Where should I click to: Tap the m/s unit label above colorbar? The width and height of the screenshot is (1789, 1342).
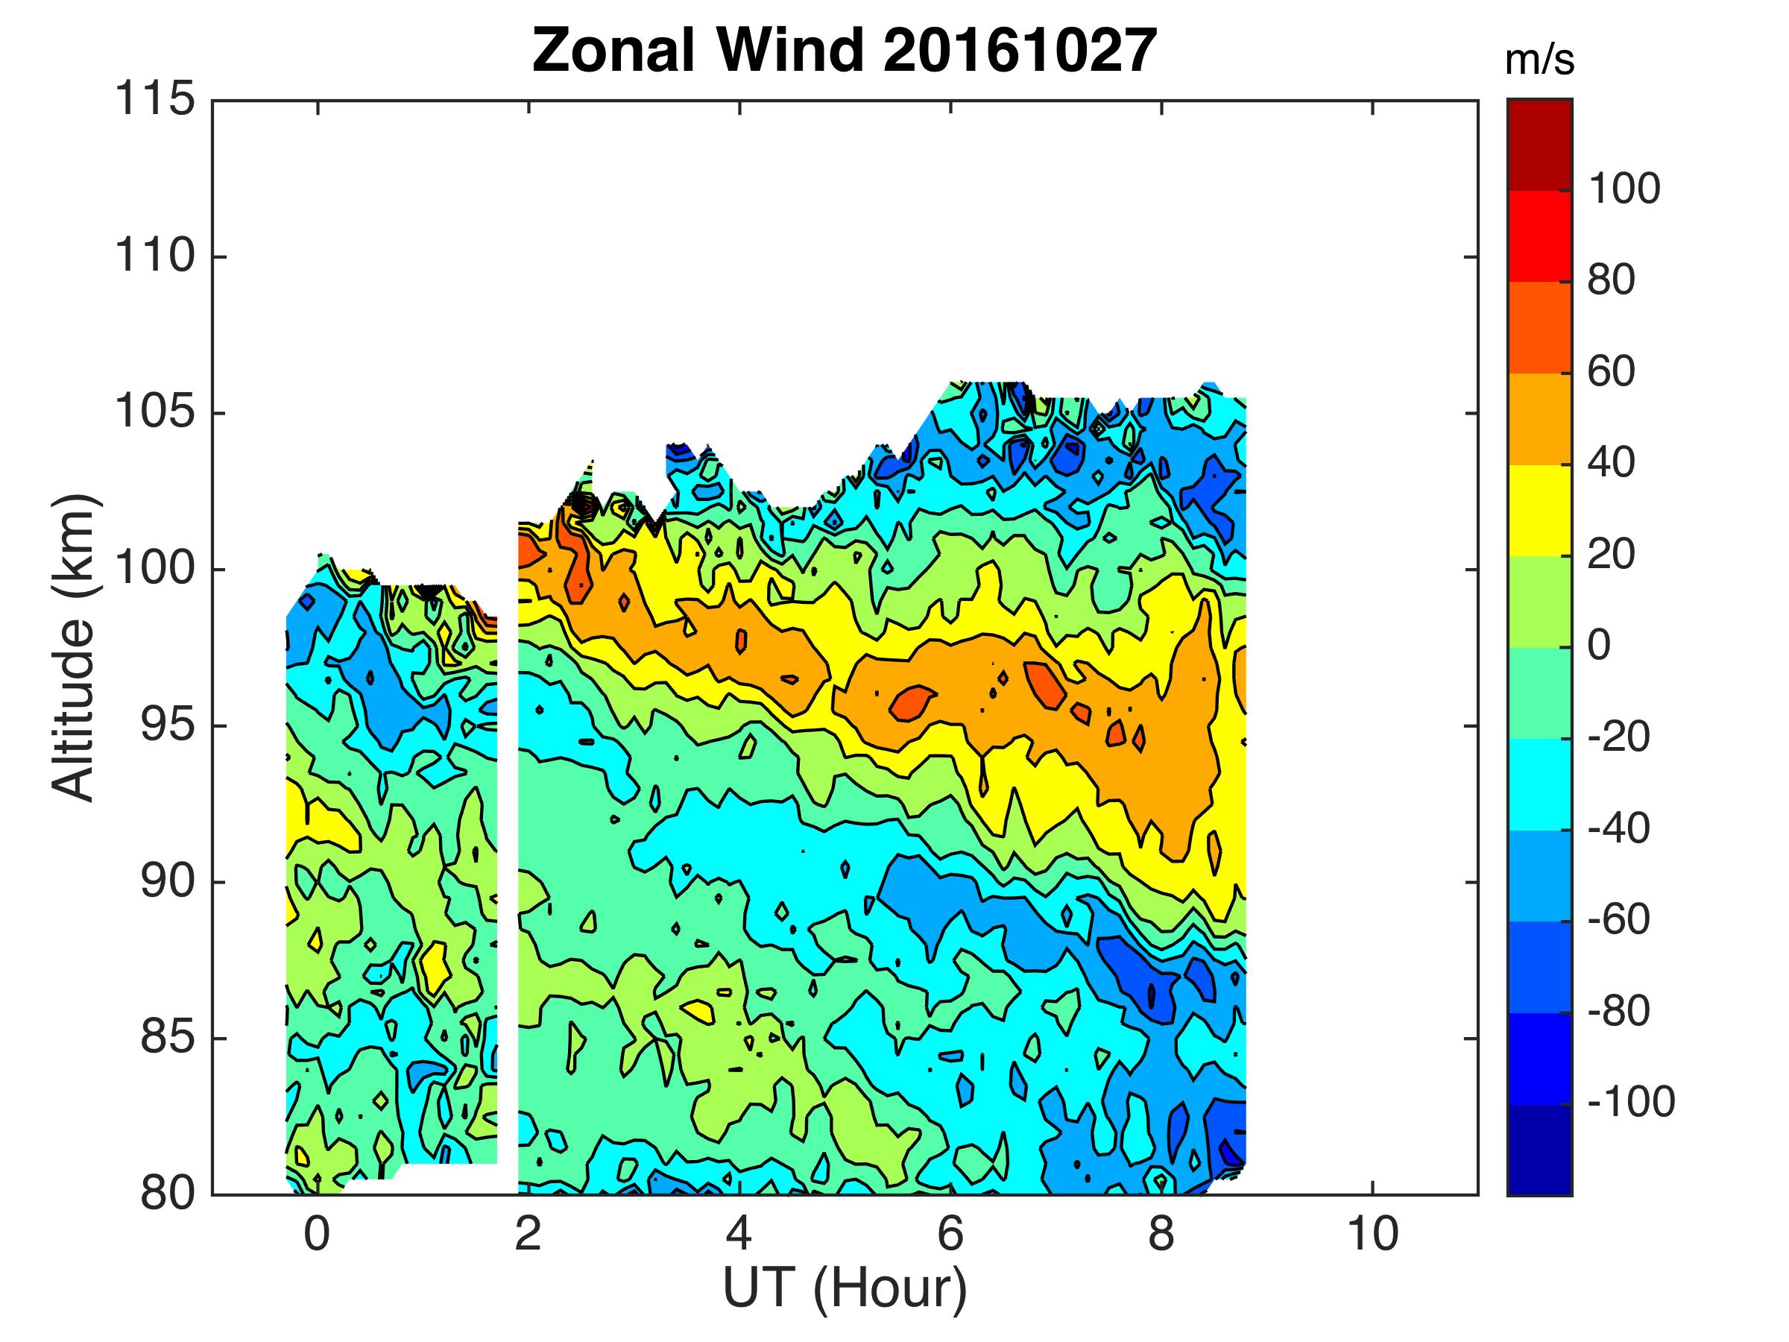(x=1539, y=61)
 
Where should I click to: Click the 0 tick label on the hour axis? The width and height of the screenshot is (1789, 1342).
(x=317, y=1235)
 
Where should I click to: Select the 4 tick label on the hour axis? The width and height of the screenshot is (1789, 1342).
(x=739, y=1235)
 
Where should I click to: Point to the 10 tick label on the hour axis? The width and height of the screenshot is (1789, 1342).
(x=1372, y=1235)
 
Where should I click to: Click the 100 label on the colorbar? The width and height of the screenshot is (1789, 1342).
(x=1624, y=189)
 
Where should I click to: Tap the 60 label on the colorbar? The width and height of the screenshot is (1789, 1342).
(x=1611, y=372)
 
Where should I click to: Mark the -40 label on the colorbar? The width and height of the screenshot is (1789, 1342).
(x=1618, y=828)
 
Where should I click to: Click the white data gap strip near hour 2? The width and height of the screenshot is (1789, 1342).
(x=507, y=889)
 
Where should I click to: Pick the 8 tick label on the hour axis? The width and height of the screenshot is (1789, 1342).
(x=1161, y=1235)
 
